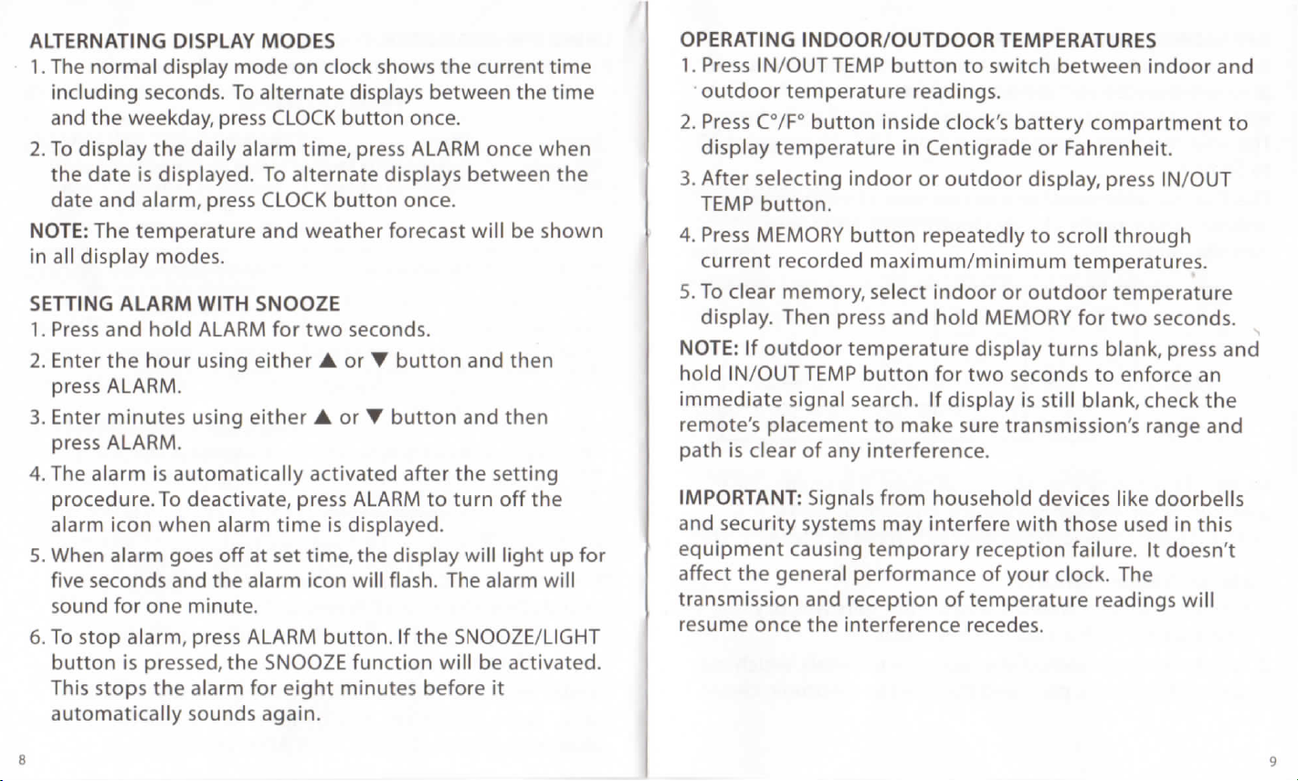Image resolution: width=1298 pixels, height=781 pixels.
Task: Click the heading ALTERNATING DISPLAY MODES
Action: [x=182, y=41]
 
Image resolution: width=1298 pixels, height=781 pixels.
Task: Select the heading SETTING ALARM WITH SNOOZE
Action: [x=172, y=303]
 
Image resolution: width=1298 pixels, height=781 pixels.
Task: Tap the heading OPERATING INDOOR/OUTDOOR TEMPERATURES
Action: [x=919, y=40]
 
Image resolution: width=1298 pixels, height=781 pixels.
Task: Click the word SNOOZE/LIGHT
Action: [x=527, y=635]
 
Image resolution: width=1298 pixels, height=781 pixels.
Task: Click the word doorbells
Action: [x=1199, y=500]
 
